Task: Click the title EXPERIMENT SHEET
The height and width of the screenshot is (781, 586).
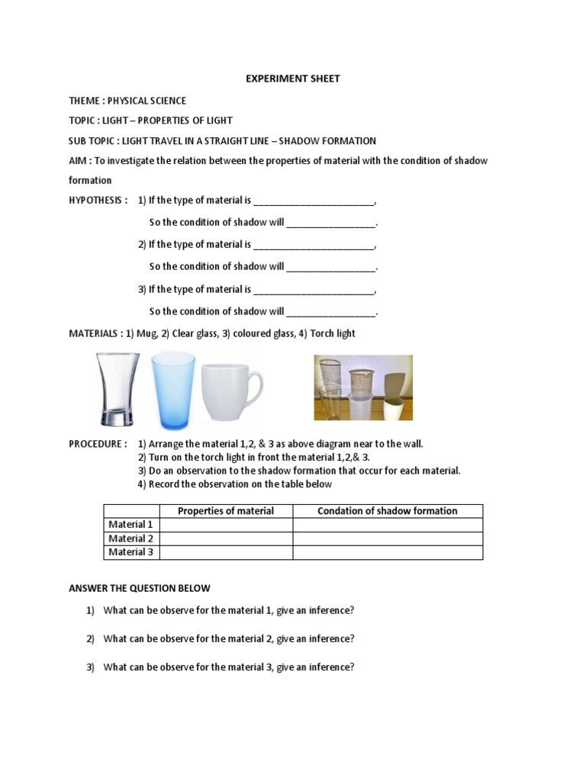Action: pyautogui.click(x=293, y=79)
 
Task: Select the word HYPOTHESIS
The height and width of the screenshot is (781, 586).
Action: pyautogui.click(x=95, y=200)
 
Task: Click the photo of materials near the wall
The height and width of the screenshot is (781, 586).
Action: pyautogui.click(x=363, y=387)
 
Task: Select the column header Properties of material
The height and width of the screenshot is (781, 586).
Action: pyautogui.click(x=226, y=511)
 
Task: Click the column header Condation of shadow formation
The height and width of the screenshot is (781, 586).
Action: pyautogui.click(x=388, y=511)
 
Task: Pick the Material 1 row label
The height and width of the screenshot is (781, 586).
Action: pyautogui.click(x=130, y=525)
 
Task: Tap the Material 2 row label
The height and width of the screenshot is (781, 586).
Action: pyautogui.click(x=130, y=538)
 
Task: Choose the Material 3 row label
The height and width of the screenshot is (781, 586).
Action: pyautogui.click(x=130, y=552)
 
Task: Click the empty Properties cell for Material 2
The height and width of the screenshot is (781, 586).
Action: pyautogui.click(x=226, y=538)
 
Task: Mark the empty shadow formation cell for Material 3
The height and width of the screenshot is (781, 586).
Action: pyautogui.click(x=388, y=552)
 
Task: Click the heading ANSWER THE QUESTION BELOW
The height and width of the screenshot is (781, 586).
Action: pyautogui.click(x=140, y=588)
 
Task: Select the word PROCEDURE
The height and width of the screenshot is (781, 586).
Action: pyautogui.click(x=95, y=444)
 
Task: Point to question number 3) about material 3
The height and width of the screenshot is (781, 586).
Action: pyautogui.click(x=90, y=667)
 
